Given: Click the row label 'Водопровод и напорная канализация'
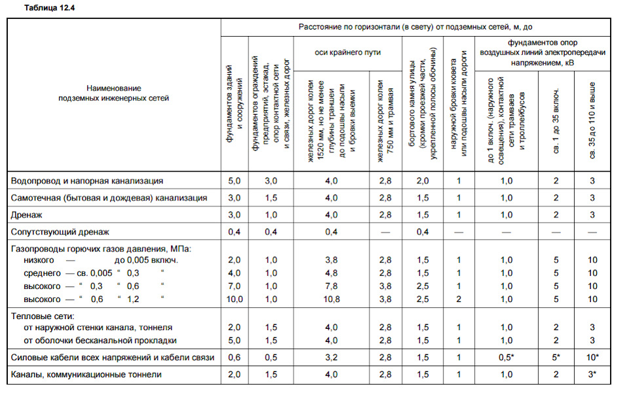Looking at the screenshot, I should click(x=87, y=180).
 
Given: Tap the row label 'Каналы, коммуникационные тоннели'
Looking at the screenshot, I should click(x=86, y=375).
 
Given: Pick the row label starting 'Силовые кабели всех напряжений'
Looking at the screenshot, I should click(x=112, y=357).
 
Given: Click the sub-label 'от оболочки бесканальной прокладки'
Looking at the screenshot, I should click(x=100, y=340).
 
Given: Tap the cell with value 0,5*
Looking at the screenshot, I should click(x=506, y=357).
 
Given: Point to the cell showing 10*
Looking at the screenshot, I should click(x=593, y=357).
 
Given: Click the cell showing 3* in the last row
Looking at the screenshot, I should click(x=593, y=375).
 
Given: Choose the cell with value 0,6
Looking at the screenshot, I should click(x=234, y=357).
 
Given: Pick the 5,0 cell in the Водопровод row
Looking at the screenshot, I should click(x=234, y=180).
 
